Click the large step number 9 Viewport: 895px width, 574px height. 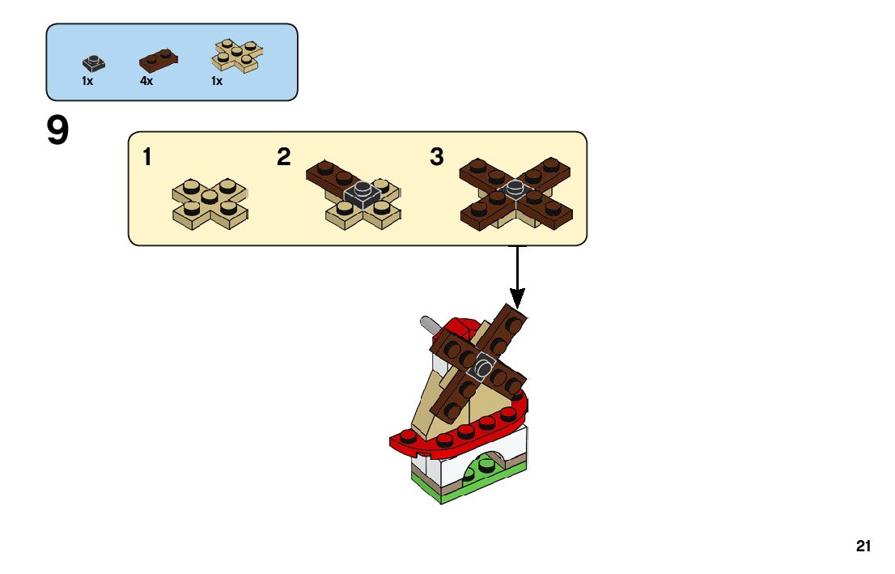[57, 132]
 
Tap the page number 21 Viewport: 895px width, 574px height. [863, 546]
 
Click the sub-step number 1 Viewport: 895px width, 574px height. [146, 157]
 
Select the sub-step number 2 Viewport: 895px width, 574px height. [283, 157]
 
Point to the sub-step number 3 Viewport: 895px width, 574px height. [437, 157]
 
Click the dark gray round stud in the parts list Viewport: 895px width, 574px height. [94, 62]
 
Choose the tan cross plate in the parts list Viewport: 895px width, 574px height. [237, 54]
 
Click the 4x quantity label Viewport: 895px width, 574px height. [146, 82]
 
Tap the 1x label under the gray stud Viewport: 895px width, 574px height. [87, 82]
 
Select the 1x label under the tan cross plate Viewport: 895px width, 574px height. [217, 82]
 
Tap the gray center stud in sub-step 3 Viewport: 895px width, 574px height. [515, 189]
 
